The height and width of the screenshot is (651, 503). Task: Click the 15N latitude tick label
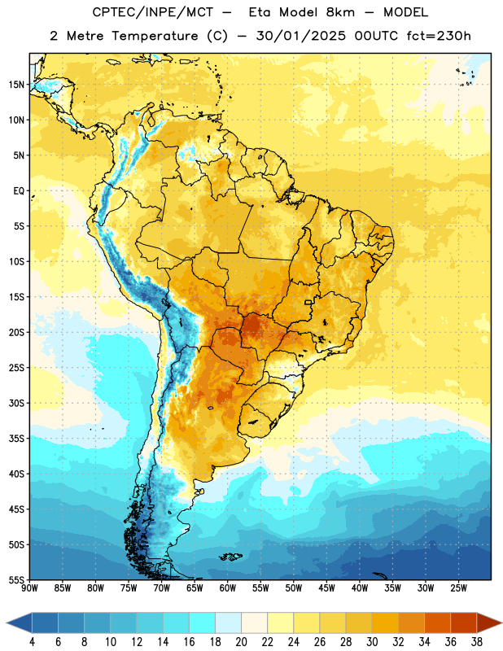(x=16, y=85)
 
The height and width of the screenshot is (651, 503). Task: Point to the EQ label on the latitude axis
(x=19, y=191)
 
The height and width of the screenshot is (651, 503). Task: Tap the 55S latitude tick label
(x=16, y=579)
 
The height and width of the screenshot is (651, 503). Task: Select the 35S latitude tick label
(x=16, y=439)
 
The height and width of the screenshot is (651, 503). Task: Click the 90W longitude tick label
(x=29, y=588)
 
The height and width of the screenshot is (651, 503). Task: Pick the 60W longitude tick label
(x=228, y=588)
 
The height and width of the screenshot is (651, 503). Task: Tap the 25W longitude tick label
(x=458, y=588)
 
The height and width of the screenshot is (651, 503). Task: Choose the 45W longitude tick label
(x=326, y=588)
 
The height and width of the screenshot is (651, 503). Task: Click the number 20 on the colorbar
(x=241, y=642)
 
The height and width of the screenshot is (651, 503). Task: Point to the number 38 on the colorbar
(x=477, y=642)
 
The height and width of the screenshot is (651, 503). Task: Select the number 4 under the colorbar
(x=32, y=642)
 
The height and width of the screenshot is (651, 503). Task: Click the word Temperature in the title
(x=155, y=36)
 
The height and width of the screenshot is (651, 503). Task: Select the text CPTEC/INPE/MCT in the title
(x=153, y=12)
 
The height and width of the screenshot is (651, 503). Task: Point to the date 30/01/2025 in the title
(x=300, y=36)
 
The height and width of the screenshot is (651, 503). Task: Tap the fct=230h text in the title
(x=439, y=36)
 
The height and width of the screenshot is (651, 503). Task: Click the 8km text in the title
(x=340, y=12)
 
